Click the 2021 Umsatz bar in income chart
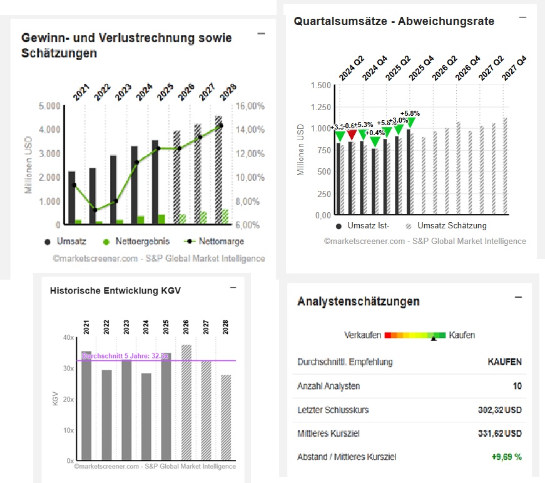(x=72, y=197)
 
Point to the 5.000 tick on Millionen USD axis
(x=49, y=106)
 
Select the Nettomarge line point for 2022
(x=94, y=210)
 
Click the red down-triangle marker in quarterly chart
(x=352, y=135)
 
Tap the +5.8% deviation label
(x=410, y=113)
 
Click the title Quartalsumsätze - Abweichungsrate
(x=394, y=21)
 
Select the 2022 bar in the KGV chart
(x=106, y=414)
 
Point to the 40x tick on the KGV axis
(x=68, y=338)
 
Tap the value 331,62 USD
(x=499, y=433)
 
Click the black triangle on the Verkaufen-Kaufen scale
(x=433, y=338)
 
